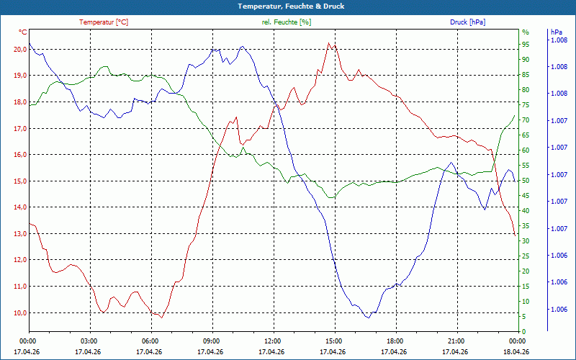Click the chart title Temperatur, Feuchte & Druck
[x=291, y=6]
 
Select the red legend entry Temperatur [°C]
[x=104, y=22]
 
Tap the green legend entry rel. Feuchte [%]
[x=286, y=22]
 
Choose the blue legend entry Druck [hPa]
[x=467, y=22]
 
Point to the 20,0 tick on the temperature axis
[x=20, y=49]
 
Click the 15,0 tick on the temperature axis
[x=20, y=181]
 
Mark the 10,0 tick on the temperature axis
[x=20, y=313]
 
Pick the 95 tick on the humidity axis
[x=526, y=45]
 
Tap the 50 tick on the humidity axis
[x=526, y=181]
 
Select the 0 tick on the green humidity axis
[x=524, y=332]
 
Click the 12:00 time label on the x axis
[x=273, y=341]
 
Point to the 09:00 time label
[x=211, y=341]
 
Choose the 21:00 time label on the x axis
[x=456, y=341]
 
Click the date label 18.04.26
[x=516, y=352]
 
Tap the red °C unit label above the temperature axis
[x=23, y=32]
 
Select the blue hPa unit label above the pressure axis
[x=556, y=32]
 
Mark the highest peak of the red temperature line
[x=329, y=43]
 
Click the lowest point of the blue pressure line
[x=368, y=318]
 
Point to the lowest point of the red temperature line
[x=161, y=318]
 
